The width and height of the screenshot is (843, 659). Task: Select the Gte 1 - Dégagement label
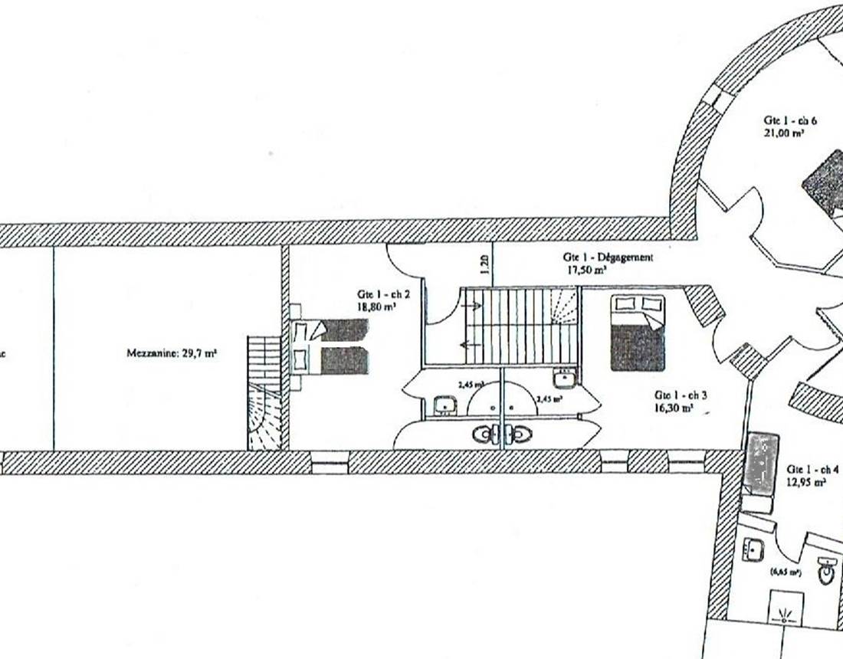point(608,258)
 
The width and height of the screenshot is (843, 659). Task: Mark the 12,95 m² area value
point(806,483)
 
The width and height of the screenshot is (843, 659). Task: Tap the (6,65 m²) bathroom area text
point(786,572)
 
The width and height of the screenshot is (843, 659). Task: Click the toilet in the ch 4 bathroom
point(826,570)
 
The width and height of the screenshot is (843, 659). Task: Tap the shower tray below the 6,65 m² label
point(785,609)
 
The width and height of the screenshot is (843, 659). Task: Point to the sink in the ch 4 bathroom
point(753,549)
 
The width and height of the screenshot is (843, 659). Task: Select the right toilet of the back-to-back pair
point(519,434)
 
